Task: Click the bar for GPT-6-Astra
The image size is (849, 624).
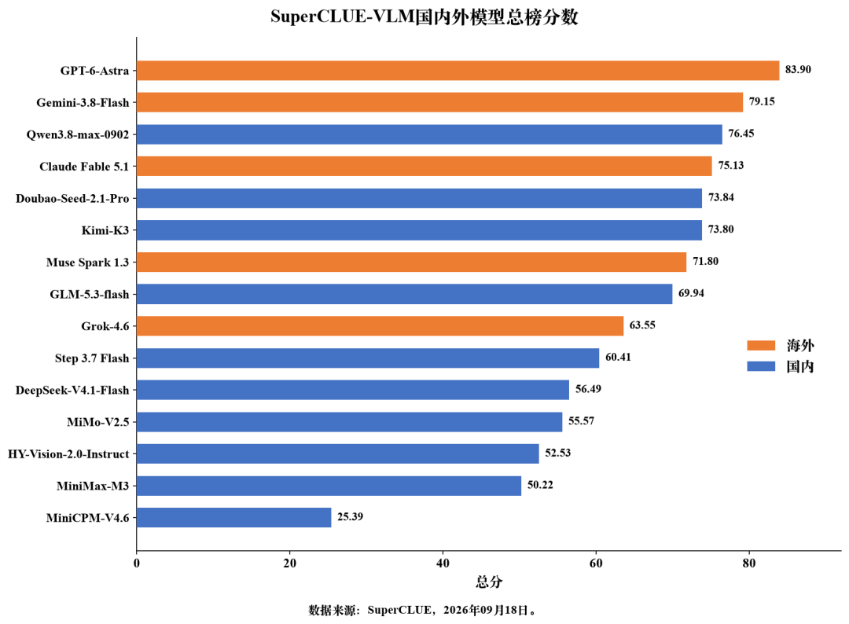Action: pyautogui.click(x=458, y=71)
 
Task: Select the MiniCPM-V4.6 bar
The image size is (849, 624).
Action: pyautogui.click(x=234, y=517)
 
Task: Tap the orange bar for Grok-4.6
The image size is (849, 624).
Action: pyautogui.click(x=380, y=326)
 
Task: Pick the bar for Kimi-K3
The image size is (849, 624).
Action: pyautogui.click(x=419, y=230)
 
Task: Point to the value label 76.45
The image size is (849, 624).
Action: pyautogui.click(x=741, y=133)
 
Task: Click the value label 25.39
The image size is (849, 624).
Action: pyautogui.click(x=350, y=516)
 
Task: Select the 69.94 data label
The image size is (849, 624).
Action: pyautogui.click(x=691, y=293)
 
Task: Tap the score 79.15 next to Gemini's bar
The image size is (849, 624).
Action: pyautogui.click(x=761, y=101)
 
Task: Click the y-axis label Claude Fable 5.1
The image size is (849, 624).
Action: pyautogui.click(x=84, y=167)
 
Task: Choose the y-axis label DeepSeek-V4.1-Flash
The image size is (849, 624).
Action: pyautogui.click(x=72, y=391)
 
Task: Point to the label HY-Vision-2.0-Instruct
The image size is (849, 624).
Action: pyautogui.click(x=68, y=454)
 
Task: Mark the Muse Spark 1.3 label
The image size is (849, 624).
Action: pyautogui.click(x=88, y=262)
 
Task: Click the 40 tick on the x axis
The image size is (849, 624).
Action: pyautogui.click(x=443, y=563)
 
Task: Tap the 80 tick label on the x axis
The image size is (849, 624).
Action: pyautogui.click(x=749, y=563)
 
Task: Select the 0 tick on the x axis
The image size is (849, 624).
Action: pyautogui.click(x=137, y=563)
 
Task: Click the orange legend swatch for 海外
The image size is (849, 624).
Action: pyautogui.click(x=761, y=345)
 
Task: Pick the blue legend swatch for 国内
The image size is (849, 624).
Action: pyautogui.click(x=761, y=366)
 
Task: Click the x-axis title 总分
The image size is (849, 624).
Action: pyautogui.click(x=489, y=582)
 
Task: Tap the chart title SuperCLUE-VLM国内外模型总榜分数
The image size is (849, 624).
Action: pyautogui.click(x=424, y=17)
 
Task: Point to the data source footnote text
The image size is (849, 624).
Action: pyautogui.click(x=422, y=610)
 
